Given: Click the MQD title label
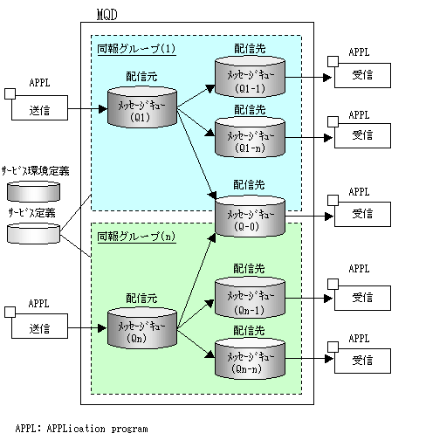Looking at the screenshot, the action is click(x=106, y=15).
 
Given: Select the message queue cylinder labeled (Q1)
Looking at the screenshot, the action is click(x=142, y=107).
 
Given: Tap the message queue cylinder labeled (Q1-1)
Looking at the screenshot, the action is click(x=250, y=77).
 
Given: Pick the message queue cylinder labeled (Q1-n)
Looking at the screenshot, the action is click(x=250, y=137).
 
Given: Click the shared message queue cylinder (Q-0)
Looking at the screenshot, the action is click(x=250, y=216).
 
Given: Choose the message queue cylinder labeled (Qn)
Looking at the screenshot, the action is click(x=142, y=327).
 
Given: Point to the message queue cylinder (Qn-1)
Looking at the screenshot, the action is click(x=250, y=298).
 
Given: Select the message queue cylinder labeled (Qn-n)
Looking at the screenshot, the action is click(x=250, y=358).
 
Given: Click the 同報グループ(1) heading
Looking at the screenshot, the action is click(x=136, y=49).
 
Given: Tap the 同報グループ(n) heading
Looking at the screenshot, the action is click(x=136, y=237).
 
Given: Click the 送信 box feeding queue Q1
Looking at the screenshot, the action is click(x=39, y=107).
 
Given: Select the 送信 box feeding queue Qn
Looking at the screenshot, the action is click(x=39, y=326).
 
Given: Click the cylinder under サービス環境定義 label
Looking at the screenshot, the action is click(x=33, y=191).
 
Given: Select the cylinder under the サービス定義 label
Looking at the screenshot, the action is click(x=33, y=233).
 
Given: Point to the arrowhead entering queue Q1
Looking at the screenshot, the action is click(x=103, y=109).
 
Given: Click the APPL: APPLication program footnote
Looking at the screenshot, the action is click(x=81, y=429).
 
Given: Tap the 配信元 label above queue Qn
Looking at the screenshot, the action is click(x=141, y=298).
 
